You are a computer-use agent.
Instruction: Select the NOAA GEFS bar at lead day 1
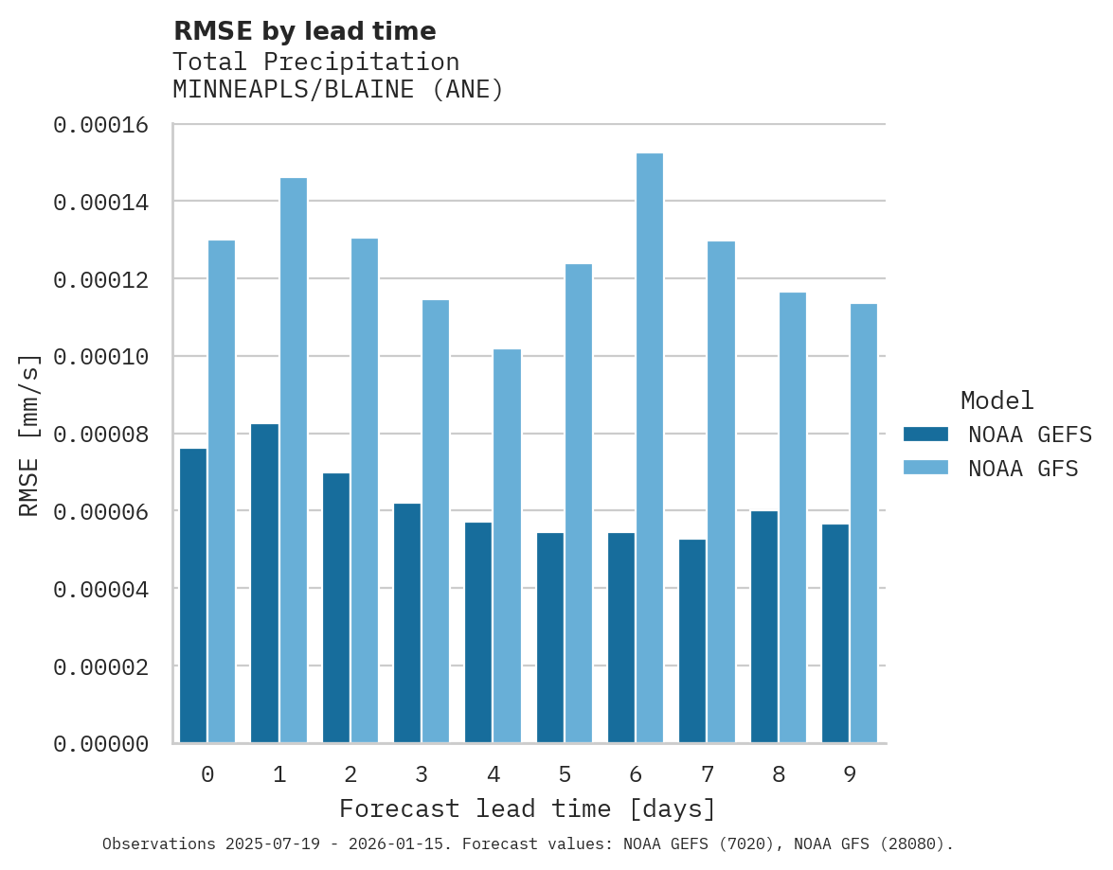coord(265,583)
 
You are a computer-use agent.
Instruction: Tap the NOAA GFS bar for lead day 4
coord(507,546)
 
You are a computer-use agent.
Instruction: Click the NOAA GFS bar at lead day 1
coord(293,460)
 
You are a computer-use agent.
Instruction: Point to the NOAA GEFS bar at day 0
coord(193,595)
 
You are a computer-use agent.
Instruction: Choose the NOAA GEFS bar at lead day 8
coord(764,627)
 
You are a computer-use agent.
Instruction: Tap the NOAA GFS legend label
coord(1023,469)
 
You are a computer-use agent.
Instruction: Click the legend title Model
coord(996,400)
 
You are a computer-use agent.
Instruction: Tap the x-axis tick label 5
coord(565,775)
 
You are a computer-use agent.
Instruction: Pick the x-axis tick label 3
coord(422,775)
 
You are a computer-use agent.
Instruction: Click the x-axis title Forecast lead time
coord(528,809)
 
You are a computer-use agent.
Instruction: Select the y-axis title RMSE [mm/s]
coord(29,435)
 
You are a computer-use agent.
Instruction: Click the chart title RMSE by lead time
coord(305,31)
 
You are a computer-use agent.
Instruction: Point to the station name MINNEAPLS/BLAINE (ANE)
coord(338,90)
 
